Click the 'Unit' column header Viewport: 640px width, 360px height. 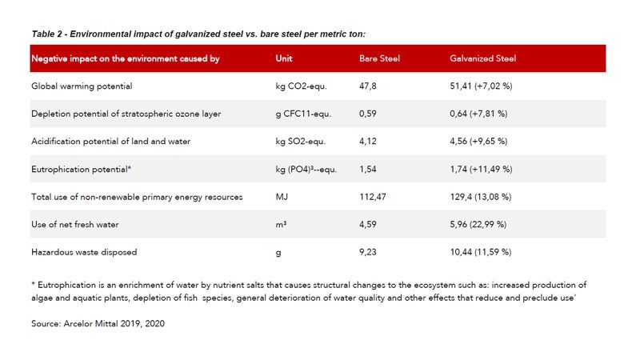coord(284,58)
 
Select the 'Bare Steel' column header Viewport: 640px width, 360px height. coord(380,58)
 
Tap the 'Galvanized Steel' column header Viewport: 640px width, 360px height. coord(483,58)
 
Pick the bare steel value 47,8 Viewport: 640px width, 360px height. coord(369,86)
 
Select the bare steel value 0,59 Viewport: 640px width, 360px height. coord(368,114)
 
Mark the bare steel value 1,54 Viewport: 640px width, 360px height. coord(368,169)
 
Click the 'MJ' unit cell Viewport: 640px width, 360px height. coord(281,197)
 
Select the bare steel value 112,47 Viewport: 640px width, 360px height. coord(373,197)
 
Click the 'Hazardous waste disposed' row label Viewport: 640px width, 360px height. coord(84,252)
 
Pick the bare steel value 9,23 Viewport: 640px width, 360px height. coord(368,252)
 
